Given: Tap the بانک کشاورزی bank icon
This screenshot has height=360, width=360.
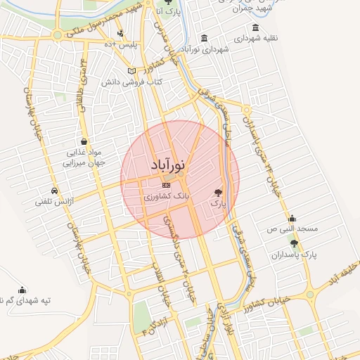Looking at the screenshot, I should point(166,185).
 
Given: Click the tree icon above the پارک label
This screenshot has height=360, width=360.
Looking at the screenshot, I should point(218,191).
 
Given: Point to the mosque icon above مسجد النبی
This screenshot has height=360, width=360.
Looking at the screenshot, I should point(292,218).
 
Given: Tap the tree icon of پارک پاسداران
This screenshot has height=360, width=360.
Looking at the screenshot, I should point(294,243).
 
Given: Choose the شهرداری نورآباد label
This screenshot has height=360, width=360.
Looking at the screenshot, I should point(205,50).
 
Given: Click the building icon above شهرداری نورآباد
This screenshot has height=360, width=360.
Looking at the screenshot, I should point(204,38).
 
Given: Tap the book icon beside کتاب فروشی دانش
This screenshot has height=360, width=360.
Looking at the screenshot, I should point(132,72).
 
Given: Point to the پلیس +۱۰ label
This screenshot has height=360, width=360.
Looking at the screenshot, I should point(119,45).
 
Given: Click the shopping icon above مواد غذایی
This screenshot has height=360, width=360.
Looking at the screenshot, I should point(84,142).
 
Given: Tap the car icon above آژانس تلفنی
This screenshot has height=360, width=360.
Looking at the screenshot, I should point(54,191).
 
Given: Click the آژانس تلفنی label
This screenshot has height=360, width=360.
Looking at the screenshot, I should point(54,202).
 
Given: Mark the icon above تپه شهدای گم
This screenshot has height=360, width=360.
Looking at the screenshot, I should point(22,290).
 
